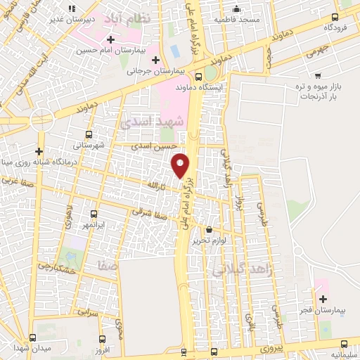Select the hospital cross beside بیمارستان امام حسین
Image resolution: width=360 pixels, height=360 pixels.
pyautogui.click(x=110, y=38)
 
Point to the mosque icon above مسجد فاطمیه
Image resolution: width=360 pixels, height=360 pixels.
pyautogui.click(x=237, y=9)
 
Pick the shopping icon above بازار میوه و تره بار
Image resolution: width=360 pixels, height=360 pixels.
pyautogui.click(x=319, y=75)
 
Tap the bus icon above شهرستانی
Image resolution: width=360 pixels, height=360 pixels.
pyautogui.click(x=89, y=134)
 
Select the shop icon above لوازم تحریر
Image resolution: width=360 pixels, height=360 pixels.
pyautogui.click(x=209, y=229)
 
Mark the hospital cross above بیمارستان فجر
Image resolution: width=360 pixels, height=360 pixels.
pyautogui.click(x=323, y=299)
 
